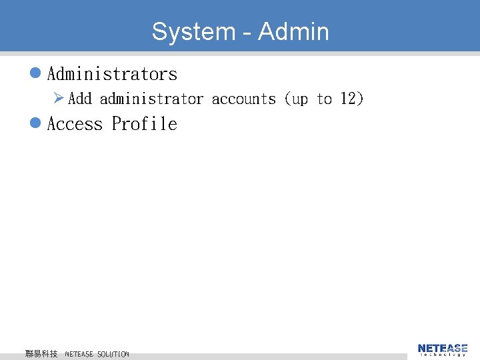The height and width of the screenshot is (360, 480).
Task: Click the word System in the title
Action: point(193,31)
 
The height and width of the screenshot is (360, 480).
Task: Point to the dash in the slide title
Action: point(247,32)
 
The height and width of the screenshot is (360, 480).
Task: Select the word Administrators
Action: point(112,74)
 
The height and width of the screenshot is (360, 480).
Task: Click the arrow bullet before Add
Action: point(59,99)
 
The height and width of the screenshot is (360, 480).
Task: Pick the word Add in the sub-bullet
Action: point(80,99)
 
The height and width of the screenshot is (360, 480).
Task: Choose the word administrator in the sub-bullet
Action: point(151,99)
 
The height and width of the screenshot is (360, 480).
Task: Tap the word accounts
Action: point(243,99)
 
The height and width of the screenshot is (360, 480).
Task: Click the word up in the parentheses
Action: point(300,99)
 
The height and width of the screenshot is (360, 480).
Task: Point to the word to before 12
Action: point(324,99)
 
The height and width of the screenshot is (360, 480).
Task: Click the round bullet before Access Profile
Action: point(37,123)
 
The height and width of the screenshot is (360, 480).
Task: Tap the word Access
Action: point(75,124)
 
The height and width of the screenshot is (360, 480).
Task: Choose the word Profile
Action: point(144,124)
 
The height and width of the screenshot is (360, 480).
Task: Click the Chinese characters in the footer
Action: point(41,354)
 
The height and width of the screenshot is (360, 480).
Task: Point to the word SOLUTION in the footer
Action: point(113,354)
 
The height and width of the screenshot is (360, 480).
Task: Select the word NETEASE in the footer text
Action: point(79,354)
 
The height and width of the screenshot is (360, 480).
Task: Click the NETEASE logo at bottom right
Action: point(443,348)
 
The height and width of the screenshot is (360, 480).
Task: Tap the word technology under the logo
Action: point(443,355)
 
